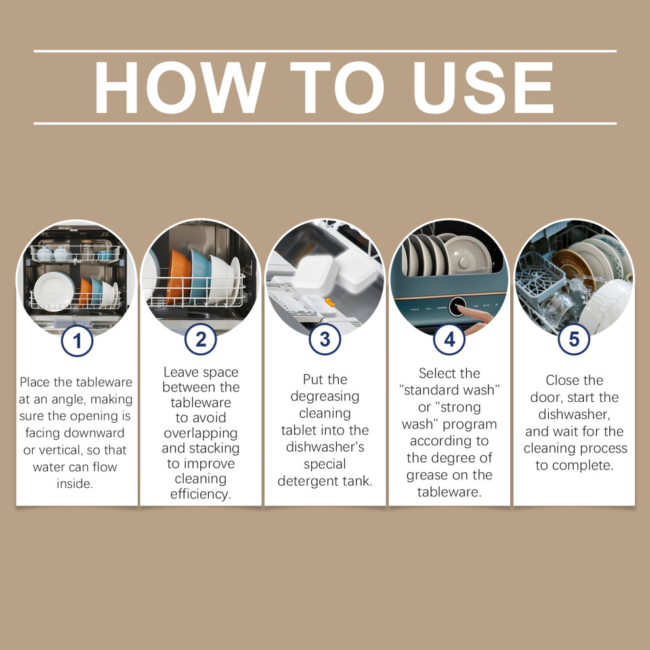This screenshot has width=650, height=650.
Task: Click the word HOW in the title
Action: click(180, 87)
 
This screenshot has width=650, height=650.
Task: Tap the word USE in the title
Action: click(483, 87)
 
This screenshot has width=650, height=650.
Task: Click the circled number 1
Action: click(77, 341)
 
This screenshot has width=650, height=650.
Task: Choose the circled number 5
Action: click(574, 339)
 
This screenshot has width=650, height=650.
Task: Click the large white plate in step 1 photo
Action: click(54, 291)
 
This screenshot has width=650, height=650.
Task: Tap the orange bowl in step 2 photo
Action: click(178, 277)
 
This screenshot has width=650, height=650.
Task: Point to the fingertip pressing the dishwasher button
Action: click(460, 309)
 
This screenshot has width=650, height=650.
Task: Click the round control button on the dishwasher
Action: click(457, 307)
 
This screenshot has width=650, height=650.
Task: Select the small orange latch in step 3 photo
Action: click(330, 303)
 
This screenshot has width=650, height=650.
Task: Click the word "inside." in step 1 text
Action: click(75, 484)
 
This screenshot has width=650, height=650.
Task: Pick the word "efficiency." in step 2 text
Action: click(201, 494)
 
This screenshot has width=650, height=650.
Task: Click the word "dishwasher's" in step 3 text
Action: click(325, 447)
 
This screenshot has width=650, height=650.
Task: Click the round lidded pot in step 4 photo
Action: click(468, 255)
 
